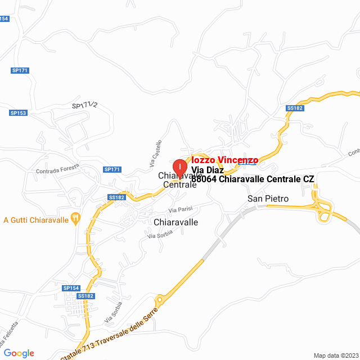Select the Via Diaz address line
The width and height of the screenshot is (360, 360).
point(208,170)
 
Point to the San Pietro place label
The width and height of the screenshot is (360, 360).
point(268,199)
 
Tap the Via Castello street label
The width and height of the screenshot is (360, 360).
point(156,153)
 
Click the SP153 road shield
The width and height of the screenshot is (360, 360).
point(18,112)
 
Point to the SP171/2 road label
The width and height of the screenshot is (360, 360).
point(85,105)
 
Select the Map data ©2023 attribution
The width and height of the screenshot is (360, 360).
point(335,355)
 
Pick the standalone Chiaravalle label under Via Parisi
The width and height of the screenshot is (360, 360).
point(175,222)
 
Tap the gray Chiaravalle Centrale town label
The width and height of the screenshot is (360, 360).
point(180,180)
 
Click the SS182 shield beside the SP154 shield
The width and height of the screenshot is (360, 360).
point(85,296)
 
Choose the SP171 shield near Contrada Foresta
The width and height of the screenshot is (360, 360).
point(112,169)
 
